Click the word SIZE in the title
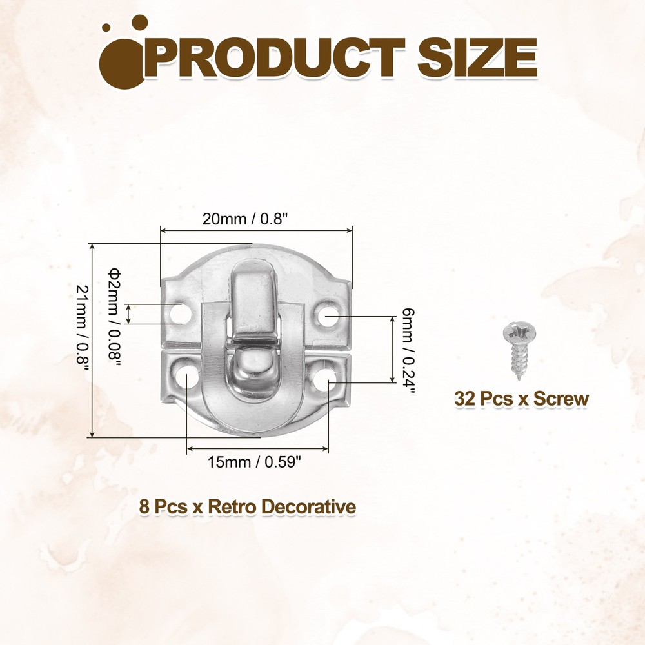click(x=477, y=59)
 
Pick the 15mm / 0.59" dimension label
click(x=255, y=462)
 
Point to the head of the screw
click(x=519, y=334)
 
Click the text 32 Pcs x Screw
click(x=521, y=399)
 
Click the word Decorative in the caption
click(x=309, y=507)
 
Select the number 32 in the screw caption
click(x=464, y=399)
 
